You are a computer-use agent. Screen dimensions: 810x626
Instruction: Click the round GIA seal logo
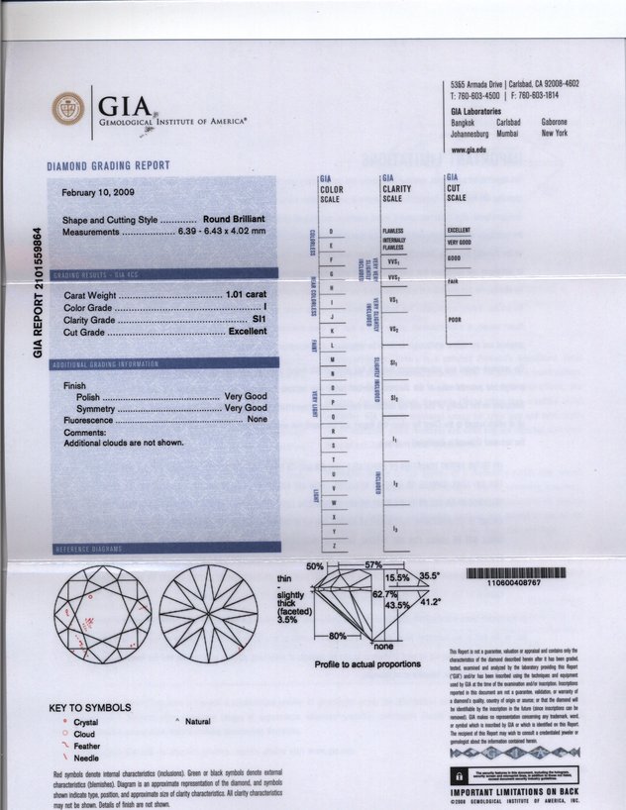click(x=69, y=106)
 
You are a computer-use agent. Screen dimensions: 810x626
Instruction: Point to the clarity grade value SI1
click(x=260, y=320)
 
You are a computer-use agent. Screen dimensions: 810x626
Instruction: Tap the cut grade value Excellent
click(x=248, y=332)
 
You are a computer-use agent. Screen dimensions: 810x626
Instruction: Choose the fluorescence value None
click(x=258, y=420)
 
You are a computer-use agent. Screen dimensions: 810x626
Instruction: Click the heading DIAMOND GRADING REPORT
click(x=109, y=165)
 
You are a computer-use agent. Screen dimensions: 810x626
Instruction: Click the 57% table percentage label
click(x=372, y=563)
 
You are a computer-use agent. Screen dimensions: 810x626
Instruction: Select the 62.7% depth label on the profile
click(x=384, y=595)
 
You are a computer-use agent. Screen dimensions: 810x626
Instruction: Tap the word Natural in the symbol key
click(x=198, y=724)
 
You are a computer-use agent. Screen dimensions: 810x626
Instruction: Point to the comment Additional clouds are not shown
click(x=124, y=442)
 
